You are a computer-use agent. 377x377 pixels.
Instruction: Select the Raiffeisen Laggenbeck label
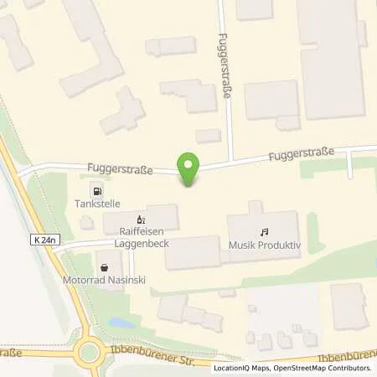click(x=140, y=238)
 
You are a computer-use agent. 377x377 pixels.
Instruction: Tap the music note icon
click(x=264, y=230)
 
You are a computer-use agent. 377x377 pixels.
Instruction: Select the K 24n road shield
click(x=46, y=240)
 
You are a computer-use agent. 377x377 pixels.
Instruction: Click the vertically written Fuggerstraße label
click(x=224, y=67)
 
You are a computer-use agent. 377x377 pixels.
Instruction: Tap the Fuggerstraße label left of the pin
click(x=120, y=169)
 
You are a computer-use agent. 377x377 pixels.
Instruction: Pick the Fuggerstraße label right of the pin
click(x=301, y=155)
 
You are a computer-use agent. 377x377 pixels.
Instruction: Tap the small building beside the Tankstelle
click(x=86, y=222)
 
